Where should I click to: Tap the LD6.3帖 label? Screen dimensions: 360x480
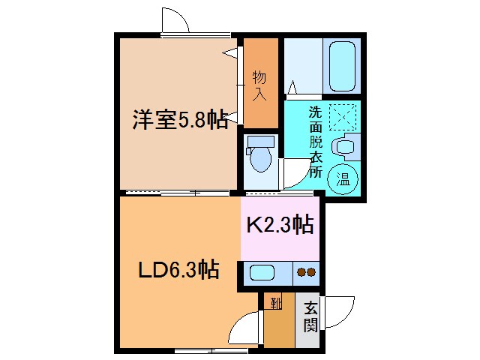pos(177,268)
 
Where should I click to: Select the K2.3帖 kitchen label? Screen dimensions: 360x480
pos(280,224)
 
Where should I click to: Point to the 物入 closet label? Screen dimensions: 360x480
pos(259,84)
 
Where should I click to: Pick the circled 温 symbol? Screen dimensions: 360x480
pos(342,178)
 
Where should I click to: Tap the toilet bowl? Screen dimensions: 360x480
pos(261,160)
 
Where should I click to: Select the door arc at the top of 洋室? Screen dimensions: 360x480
pos(172,19)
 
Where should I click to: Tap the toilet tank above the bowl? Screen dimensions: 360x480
pos(260,142)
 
